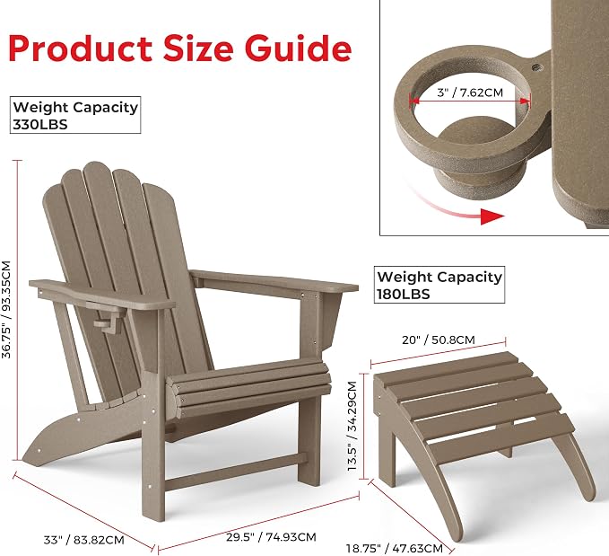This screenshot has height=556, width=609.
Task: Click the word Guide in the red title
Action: tap(298, 48)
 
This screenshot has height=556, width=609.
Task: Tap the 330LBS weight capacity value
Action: tap(40, 125)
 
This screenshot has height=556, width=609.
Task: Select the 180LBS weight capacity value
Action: tap(404, 294)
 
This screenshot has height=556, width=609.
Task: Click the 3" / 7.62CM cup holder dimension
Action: tap(470, 93)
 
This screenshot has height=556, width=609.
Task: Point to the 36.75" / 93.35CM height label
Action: tap(6, 309)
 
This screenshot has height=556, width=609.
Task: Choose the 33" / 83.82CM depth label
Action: tap(84, 540)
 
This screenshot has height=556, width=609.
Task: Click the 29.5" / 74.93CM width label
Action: tap(271, 537)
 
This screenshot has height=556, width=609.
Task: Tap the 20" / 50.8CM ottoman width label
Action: tap(439, 340)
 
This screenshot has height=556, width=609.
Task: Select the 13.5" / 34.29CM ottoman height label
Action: tap(352, 426)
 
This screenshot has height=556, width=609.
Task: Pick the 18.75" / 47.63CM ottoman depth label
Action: tap(395, 549)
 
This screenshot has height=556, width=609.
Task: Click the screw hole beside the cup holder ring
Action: tap(536, 67)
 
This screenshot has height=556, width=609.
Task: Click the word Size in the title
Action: tap(198, 49)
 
